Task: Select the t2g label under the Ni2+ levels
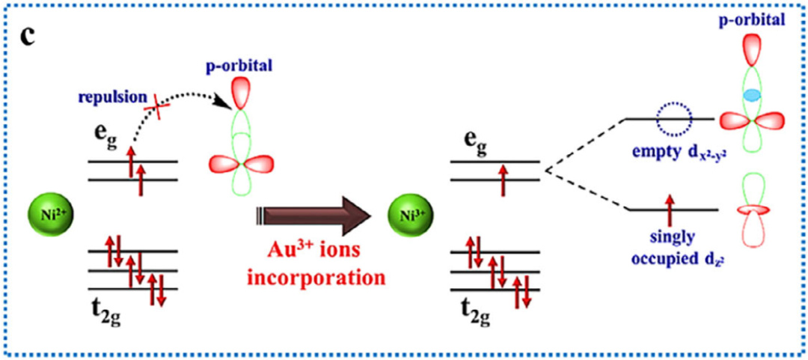tap(106, 310)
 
